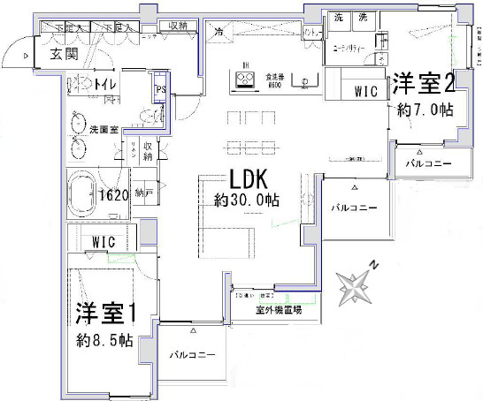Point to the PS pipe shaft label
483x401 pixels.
(x=161, y=91)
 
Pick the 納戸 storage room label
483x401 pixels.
(x=143, y=193)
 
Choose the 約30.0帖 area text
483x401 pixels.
(x=247, y=200)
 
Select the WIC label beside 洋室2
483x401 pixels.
(x=365, y=89)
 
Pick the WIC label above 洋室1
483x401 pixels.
(x=103, y=241)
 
